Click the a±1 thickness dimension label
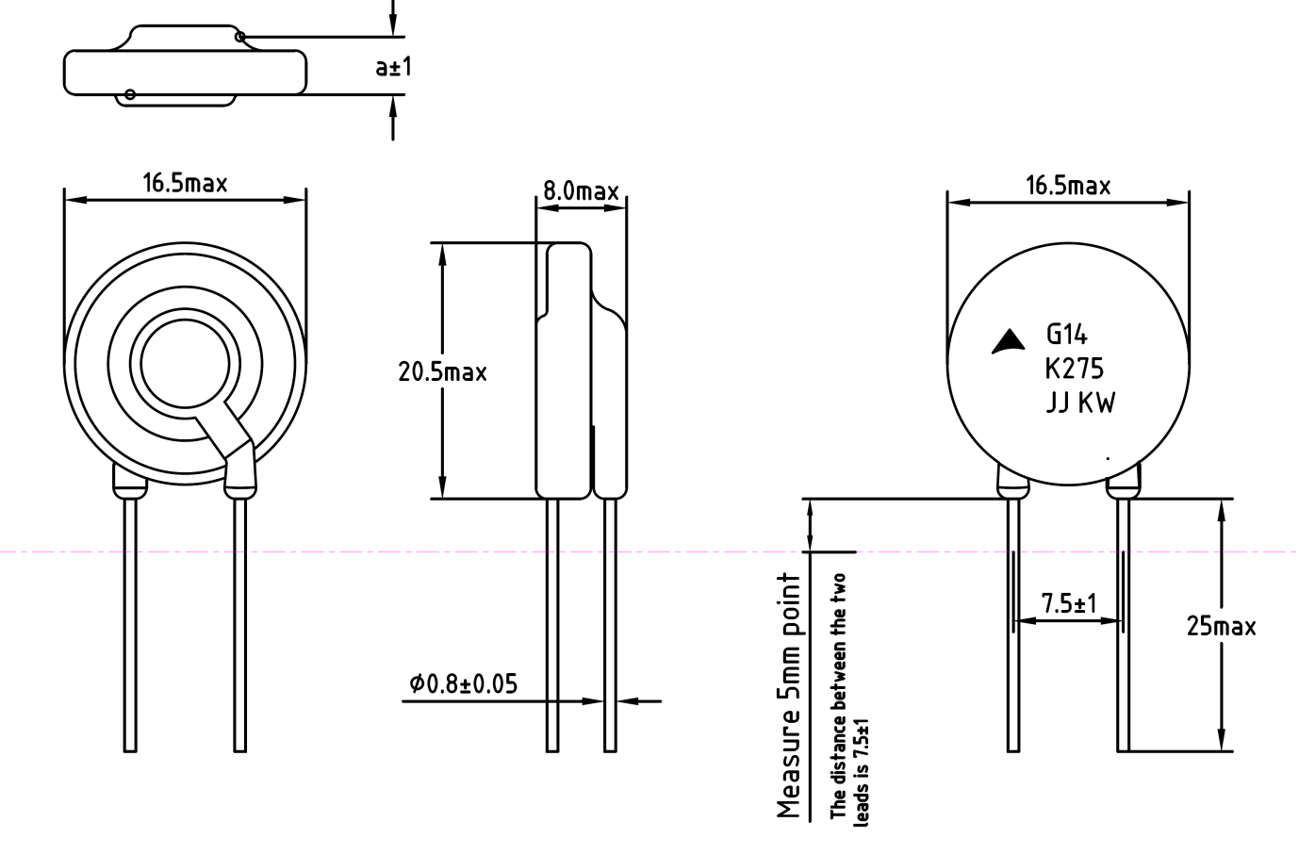(393, 67)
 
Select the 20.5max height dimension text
(442, 371)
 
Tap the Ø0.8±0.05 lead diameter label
(464, 683)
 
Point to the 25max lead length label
(1221, 626)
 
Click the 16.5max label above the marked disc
(1068, 185)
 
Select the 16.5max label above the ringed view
(185, 182)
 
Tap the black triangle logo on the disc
(1008, 341)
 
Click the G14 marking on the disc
(1067, 335)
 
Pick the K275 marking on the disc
(1073, 369)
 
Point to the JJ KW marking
(1079, 403)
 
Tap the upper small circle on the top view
(240, 37)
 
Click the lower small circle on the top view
(130, 93)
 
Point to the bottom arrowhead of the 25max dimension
(1221, 741)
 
